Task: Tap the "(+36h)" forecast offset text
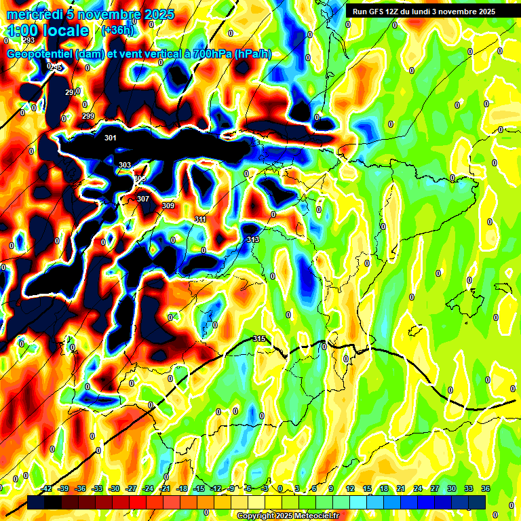pos(117,31)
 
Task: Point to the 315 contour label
pos(258,339)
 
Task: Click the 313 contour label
pos(253,239)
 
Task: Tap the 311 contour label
pos(200,219)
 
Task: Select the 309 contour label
pos(168,206)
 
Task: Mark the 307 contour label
pos(142,199)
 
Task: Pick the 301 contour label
pos(111,138)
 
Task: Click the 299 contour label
pos(88,117)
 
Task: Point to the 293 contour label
pos(28,40)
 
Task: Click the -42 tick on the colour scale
pos(47,488)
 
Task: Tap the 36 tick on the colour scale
pos(486,488)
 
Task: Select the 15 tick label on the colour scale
pos(367,488)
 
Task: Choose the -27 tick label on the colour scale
pos(131,488)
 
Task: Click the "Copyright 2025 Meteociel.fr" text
pos(288,516)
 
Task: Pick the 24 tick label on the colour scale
pos(418,488)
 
